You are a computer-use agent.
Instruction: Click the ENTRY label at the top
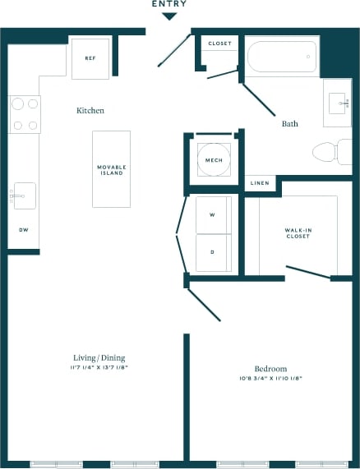[x=168, y=4]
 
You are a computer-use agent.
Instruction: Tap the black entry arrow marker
[x=168, y=15]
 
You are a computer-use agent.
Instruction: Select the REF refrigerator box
[x=90, y=58]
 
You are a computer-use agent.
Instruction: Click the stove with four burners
[x=25, y=115]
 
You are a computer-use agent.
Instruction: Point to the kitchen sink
[x=23, y=196]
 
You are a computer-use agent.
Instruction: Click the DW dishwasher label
[x=23, y=231]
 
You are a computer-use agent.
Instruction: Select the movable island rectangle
[x=111, y=168]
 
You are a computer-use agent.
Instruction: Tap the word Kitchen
[x=90, y=110]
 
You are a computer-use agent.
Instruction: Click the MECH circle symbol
[x=214, y=159]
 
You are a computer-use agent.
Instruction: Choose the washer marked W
[x=212, y=214]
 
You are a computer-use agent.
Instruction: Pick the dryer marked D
[x=212, y=252]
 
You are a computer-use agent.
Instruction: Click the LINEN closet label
[x=259, y=183]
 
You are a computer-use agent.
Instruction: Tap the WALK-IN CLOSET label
[x=298, y=232]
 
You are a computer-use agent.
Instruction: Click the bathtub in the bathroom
[x=282, y=57]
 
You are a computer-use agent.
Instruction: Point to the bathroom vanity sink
[x=337, y=104]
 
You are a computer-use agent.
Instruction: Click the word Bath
[x=289, y=124]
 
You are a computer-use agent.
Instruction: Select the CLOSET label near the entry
[x=219, y=44]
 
